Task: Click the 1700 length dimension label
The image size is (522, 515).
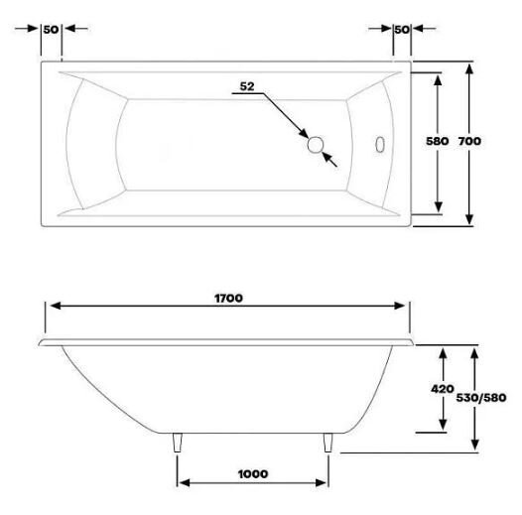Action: pyautogui.click(x=228, y=298)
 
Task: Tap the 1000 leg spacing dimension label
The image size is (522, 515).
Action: pyautogui.click(x=253, y=473)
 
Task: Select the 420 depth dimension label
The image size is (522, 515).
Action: pyautogui.click(x=442, y=389)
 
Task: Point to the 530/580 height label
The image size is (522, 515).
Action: pyautogui.click(x=481, y=398)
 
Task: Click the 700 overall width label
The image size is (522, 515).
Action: pyautogui.click(x=469, y=141)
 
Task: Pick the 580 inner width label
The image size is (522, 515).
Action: pyautogui.click(x=438, y=141)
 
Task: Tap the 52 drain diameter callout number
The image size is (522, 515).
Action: pyautogui.click(x=247, y=86)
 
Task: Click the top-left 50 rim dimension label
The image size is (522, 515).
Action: pyautogui.click(x=51, y=30)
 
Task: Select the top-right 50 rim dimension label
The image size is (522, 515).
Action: pyautogui.click(x=402, y=30)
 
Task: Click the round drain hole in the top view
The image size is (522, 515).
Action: pyautogui.click(x=315, y=145)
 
